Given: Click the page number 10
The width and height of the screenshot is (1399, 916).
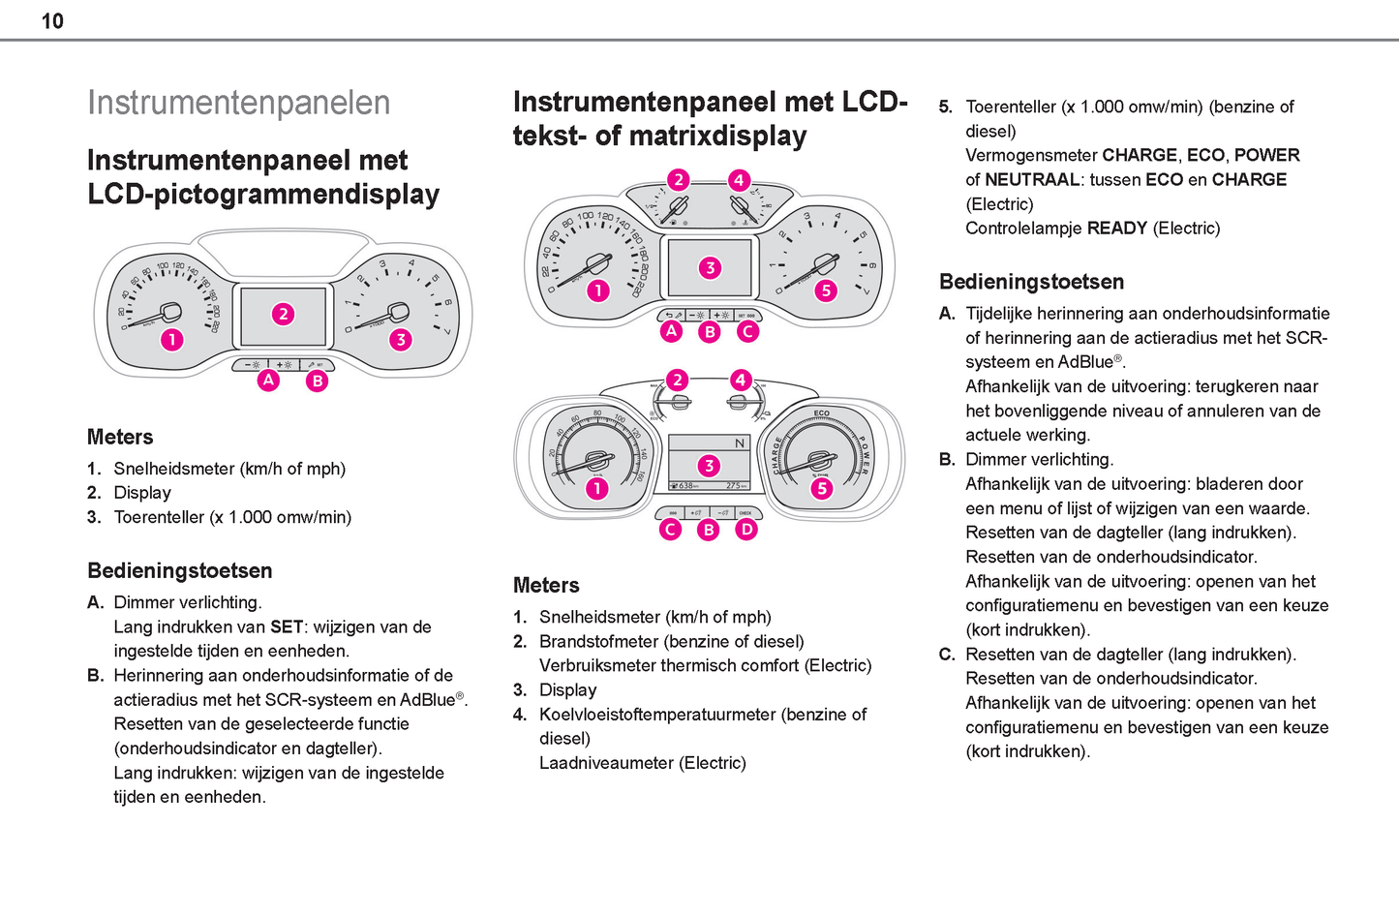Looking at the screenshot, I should [52, 21].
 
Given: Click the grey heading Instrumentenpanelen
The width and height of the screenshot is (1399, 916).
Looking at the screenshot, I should [238, 103].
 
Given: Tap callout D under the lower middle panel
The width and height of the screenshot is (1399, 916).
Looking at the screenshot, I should [746, 529].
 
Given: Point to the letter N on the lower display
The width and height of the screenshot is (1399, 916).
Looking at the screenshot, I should [740, 443].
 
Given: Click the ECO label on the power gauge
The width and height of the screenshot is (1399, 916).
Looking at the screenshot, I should [821, 413].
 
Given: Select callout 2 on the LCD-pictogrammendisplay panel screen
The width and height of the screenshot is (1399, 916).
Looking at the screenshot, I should [283, 314].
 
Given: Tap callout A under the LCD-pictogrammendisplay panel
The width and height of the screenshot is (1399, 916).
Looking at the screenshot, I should [268, 381].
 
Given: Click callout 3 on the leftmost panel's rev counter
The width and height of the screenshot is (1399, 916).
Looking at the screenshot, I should [400, 339].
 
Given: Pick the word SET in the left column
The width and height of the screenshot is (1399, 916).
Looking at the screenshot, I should [287, 626].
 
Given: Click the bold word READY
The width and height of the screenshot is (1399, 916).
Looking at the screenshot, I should [1117, 229].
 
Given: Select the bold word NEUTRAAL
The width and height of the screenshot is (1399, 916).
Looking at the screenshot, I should [1032, 180].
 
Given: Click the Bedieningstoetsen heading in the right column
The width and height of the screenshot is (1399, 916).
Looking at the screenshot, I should [1031, 282].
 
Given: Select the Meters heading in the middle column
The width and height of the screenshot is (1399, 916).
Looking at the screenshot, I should [546, 585].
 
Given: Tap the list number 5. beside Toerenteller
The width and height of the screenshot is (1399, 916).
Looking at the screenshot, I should [946, 107].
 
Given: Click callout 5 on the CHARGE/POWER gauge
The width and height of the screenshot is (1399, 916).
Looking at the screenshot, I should [821, 488].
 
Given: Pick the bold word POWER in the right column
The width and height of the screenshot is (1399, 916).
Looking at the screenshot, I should [1266, 155].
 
